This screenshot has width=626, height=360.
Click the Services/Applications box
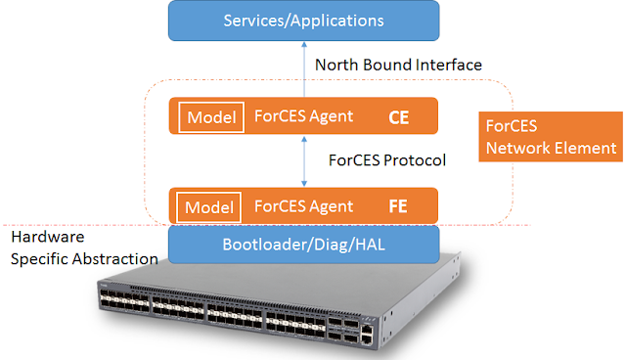[304, 21]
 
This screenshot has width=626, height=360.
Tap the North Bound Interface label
[398, 66]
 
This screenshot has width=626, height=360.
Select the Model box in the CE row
[211, 117]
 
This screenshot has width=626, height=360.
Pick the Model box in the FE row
[208, 207]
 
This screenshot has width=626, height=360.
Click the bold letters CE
[398, 117]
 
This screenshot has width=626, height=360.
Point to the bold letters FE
[398, 206]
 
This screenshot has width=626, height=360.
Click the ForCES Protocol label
[387, 160]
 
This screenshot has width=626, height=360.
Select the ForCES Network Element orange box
[551, 137]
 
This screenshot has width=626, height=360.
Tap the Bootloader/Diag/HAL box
[304, 245]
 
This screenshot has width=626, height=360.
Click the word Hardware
[48, 237]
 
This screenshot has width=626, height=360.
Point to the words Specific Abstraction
[84, 259]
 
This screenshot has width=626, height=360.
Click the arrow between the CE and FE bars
[304, 160]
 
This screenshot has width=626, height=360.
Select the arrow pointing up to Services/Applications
[304, 69]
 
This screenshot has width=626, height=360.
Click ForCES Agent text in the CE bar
[303, 116]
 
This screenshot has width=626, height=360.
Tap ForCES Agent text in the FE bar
[303, 206]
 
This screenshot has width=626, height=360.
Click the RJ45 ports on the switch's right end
[367, 335]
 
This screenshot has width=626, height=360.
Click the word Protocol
[415, 160]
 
